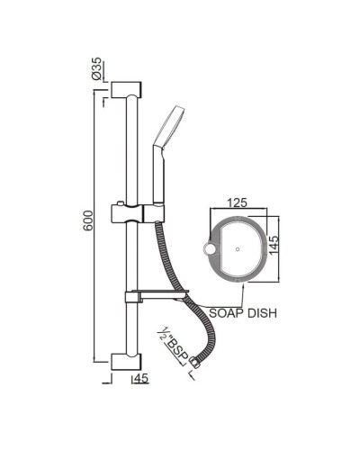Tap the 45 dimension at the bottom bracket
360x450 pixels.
coord(139,379)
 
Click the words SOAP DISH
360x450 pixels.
coord(241,313)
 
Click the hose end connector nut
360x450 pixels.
coord(195,361)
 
